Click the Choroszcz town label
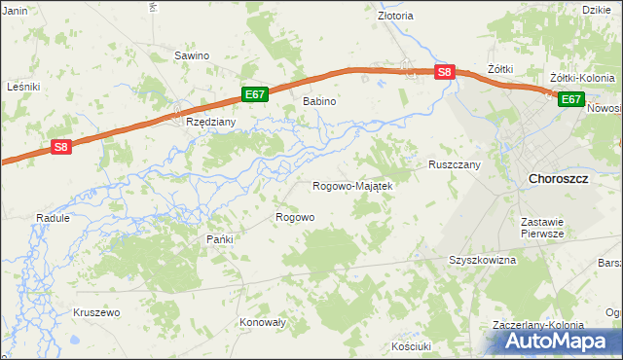coord(558,179)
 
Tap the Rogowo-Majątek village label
coord(351,186)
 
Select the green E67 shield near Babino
coord(254,94)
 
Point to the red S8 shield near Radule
coord(60,147)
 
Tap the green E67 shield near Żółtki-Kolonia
coord(570,99)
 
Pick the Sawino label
coord(192,55)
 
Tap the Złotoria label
coord(395,17)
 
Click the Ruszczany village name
coord(455,165)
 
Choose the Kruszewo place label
coord(96,312)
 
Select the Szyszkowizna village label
coord(482,261)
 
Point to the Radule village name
coord(53,219)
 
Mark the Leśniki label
coord(22,87)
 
